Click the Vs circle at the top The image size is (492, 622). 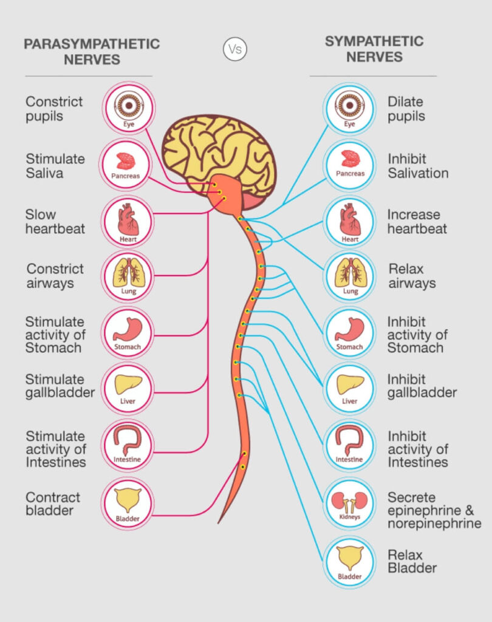(235, 49)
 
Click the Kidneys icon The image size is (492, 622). (349, 504)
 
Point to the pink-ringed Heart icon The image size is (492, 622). (128, 221)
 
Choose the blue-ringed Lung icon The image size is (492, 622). (349, 276)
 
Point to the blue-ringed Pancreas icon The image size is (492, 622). (349, 165)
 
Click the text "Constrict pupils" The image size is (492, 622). (53, 109)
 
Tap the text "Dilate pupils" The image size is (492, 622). (406, 109)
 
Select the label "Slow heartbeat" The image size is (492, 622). (55, 222)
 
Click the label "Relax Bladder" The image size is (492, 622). (412, 561)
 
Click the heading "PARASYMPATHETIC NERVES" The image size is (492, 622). (91, 52)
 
